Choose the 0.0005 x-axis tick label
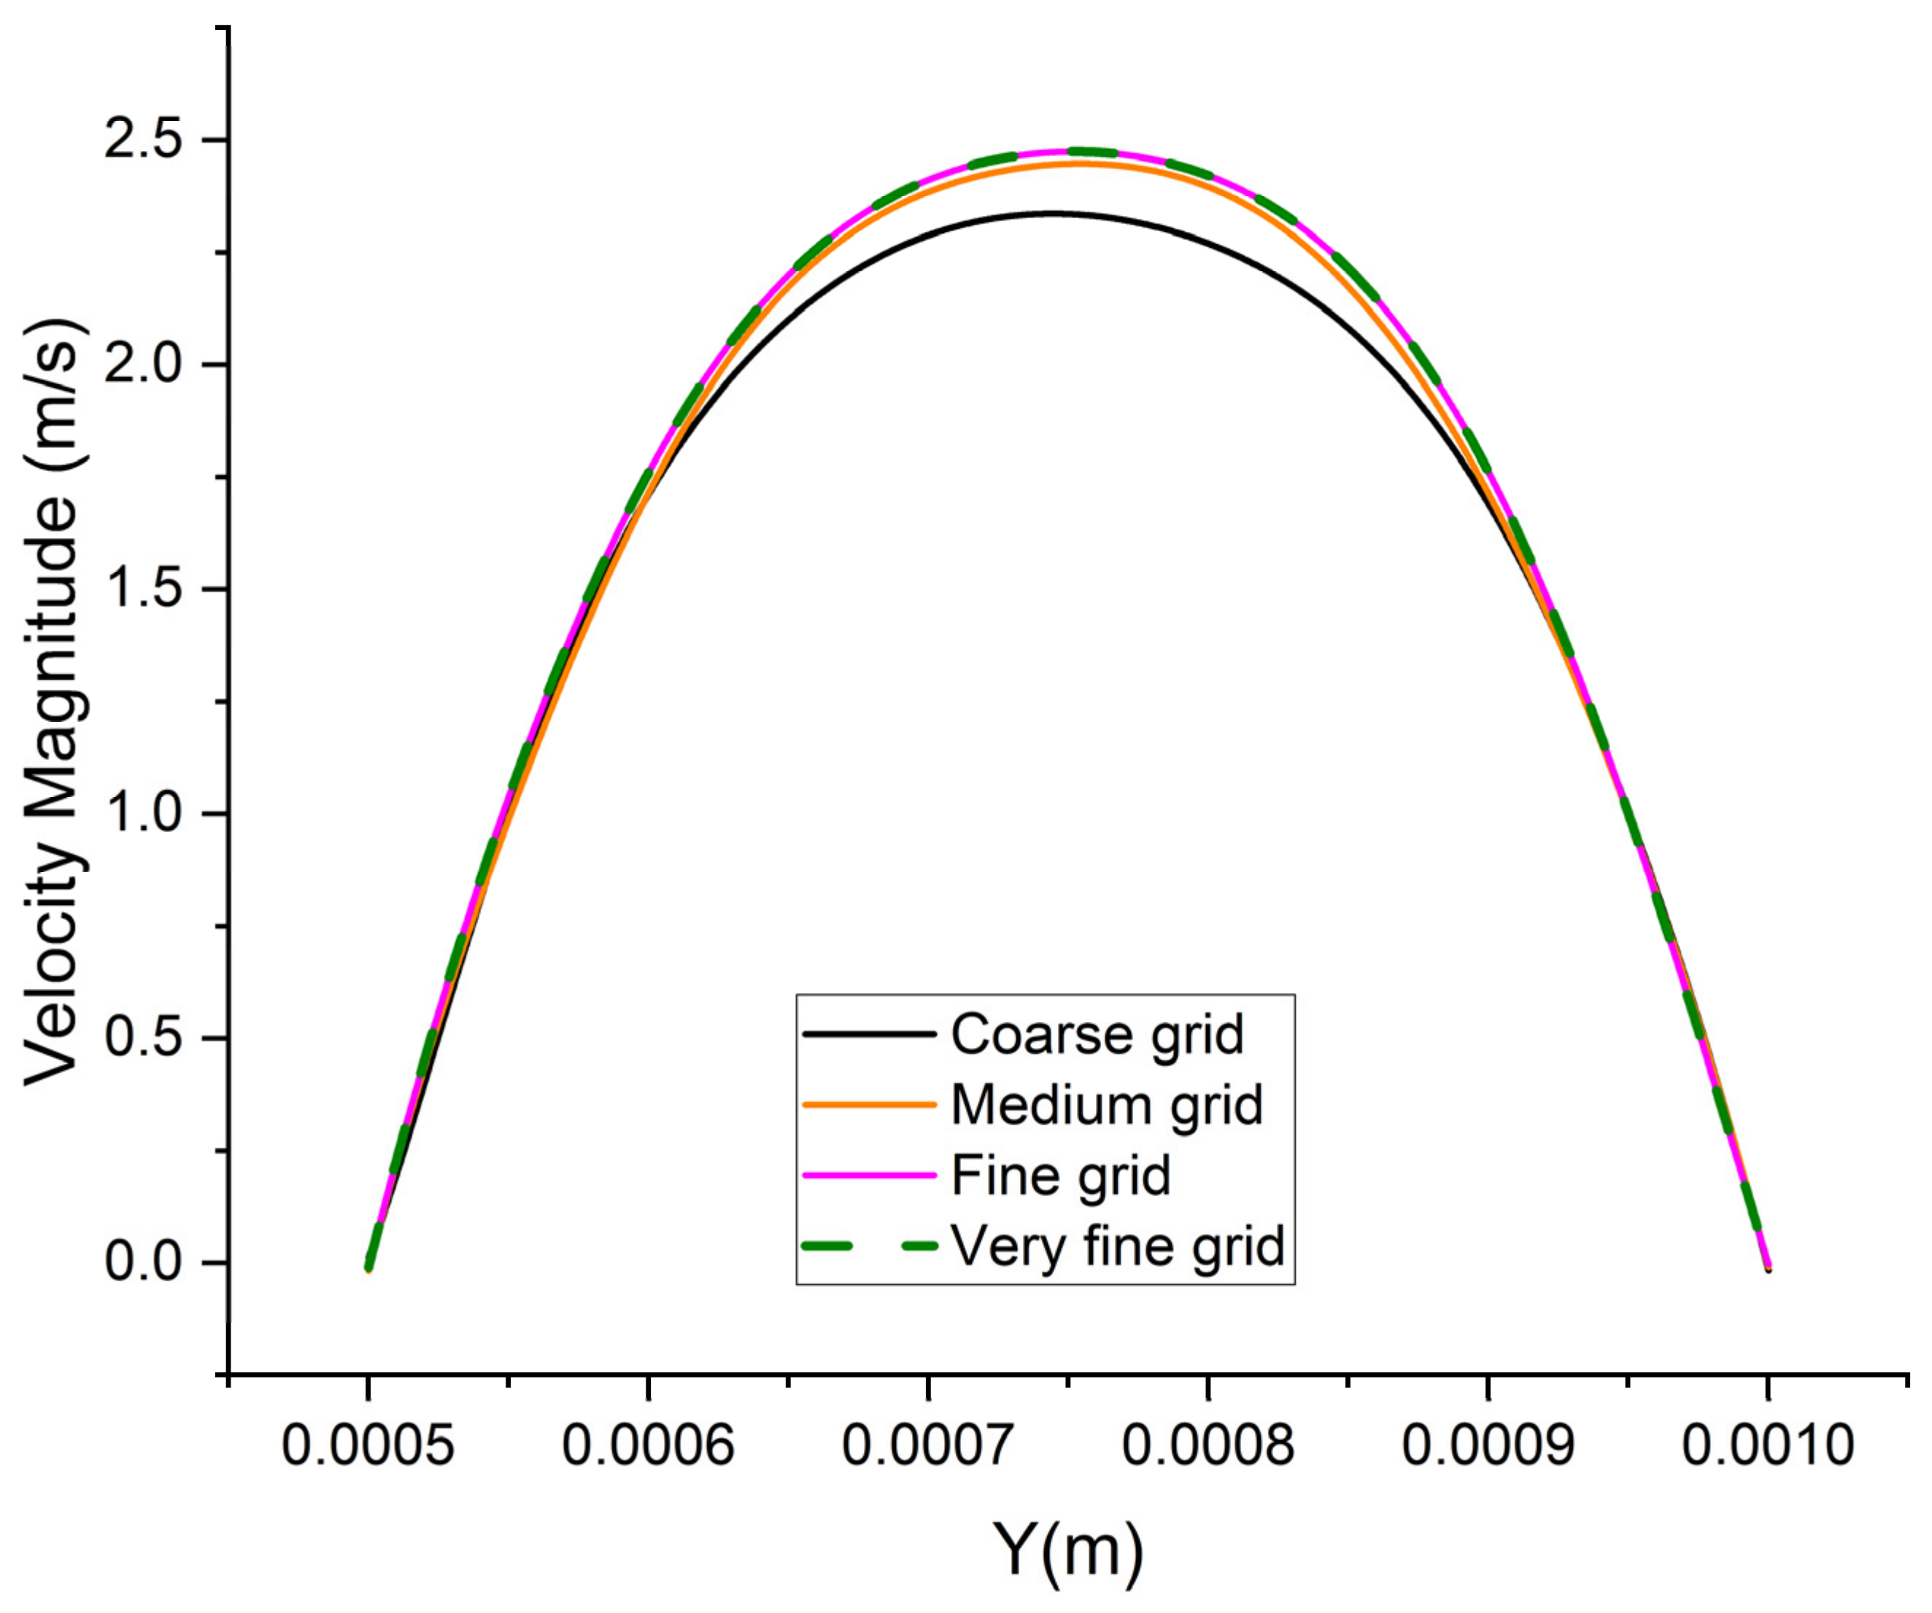[368, 1445]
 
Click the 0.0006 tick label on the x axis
[648, 1445]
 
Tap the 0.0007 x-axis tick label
[928, 1445]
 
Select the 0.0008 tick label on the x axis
[1208, 1445]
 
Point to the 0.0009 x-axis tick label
[1488, 1445]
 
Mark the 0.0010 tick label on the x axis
[1767, 1445]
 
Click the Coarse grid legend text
[1097, 1035]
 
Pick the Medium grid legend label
[1107, 1105]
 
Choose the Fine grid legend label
[1061, 1175]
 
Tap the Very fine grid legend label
[1118, 1246]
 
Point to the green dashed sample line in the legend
[870, 1246]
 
